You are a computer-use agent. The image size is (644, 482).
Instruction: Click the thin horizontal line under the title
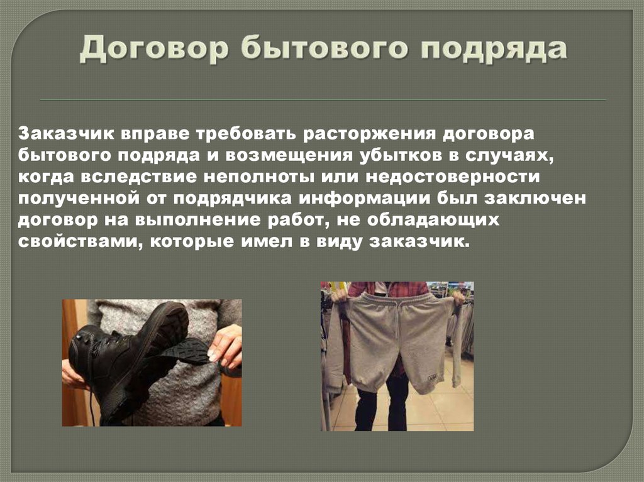(322, 101)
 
